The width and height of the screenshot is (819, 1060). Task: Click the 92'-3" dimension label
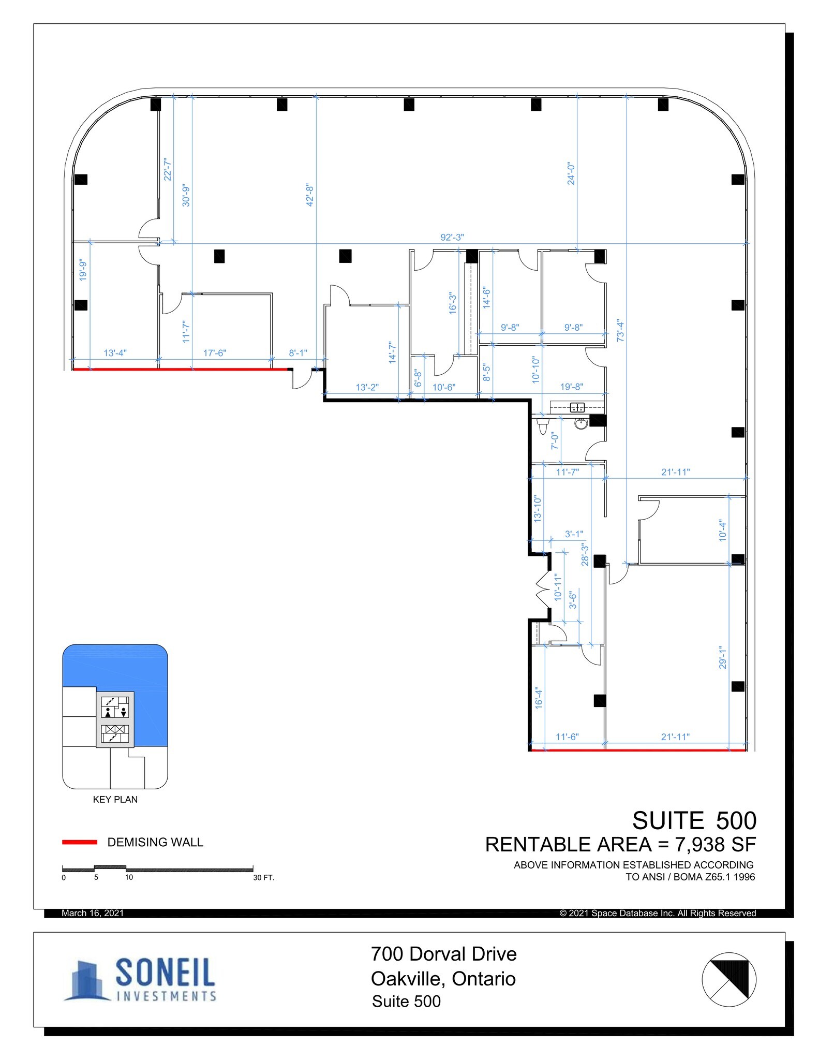pos(452,237)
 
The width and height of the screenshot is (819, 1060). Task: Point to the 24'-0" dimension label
pos(571,174)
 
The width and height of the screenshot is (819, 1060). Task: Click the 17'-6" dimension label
pos(214,353)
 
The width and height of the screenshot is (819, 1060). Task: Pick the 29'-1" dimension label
pos(723,656)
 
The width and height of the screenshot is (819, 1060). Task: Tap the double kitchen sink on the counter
pos(577,407)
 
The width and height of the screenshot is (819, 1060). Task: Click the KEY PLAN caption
pos(115,799)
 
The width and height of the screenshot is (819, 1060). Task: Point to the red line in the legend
pos(80,842)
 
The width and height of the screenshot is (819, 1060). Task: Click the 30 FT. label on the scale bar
pos(263,878)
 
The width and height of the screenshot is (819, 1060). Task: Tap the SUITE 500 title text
pos(694,821)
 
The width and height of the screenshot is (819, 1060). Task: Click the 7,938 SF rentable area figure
pos(714,845)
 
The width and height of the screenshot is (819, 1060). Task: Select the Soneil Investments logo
pos(140,979)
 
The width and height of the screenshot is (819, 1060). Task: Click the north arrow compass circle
pos(728,979)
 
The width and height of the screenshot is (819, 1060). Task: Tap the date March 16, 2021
pos(93,913)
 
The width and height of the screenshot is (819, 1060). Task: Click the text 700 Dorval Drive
pos(443,954)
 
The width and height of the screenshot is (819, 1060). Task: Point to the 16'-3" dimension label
pos(453,303)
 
